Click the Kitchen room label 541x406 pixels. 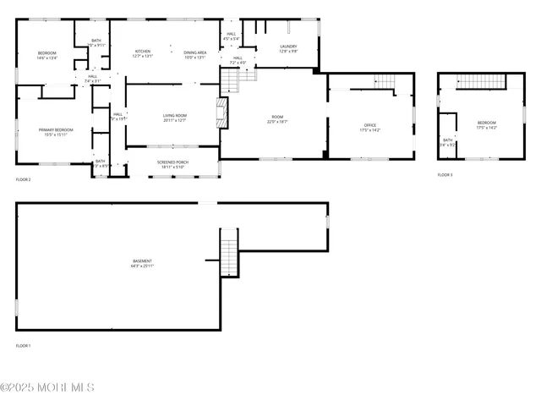[143, 52]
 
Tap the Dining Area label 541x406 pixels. [195, 52]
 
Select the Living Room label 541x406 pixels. [174, 115]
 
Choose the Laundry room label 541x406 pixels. [288, 47]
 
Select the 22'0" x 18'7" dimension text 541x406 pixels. [277, 122]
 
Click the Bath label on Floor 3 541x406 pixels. [447, 140]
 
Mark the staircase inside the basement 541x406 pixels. [230, 252]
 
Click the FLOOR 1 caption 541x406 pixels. [23, 346]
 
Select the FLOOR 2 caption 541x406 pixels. [23, 179]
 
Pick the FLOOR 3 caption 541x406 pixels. [445, 174]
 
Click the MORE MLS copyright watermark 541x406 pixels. [47, 387]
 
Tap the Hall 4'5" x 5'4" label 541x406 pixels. [232, 37]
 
